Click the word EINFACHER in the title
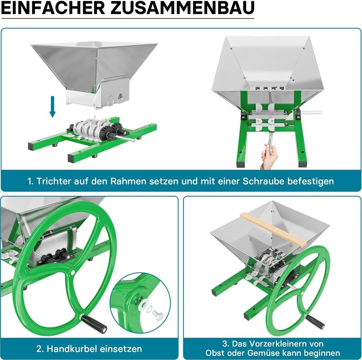click(53, 8)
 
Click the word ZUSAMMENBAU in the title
click(182, 8)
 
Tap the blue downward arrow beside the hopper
click(53, 107)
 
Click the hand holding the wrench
click(269, 156)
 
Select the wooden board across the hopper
click(273, 229)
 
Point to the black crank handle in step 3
click(314, 320)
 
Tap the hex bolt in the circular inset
click(158, 315)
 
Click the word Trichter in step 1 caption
click(54, 181)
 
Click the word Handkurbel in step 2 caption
click(72, 349)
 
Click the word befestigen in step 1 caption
click(310, 181)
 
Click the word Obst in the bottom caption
click(215, 353)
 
